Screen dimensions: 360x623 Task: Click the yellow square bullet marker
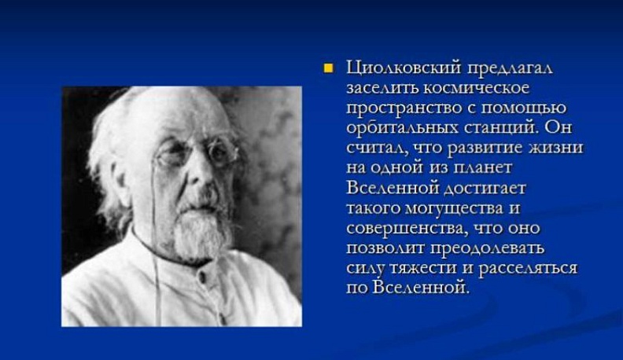pos(329,68)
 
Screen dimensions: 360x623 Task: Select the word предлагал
pos(513,68)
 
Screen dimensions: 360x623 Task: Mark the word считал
pos(372,147)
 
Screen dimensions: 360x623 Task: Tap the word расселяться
pos(527,267)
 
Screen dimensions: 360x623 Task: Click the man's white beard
pos(197,236)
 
